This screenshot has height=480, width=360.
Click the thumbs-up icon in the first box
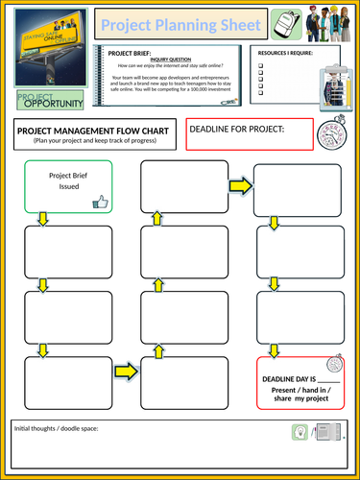(100, 202)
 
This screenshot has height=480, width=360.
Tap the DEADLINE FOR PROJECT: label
(237, 130)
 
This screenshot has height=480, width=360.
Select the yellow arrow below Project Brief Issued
(41, 220)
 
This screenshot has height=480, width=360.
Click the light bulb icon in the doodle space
(300, 434)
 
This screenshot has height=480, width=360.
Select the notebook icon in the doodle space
(327, 434)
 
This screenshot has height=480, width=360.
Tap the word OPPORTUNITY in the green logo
(54, 103)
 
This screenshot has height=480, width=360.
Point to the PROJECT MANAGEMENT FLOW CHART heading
(94, 130)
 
